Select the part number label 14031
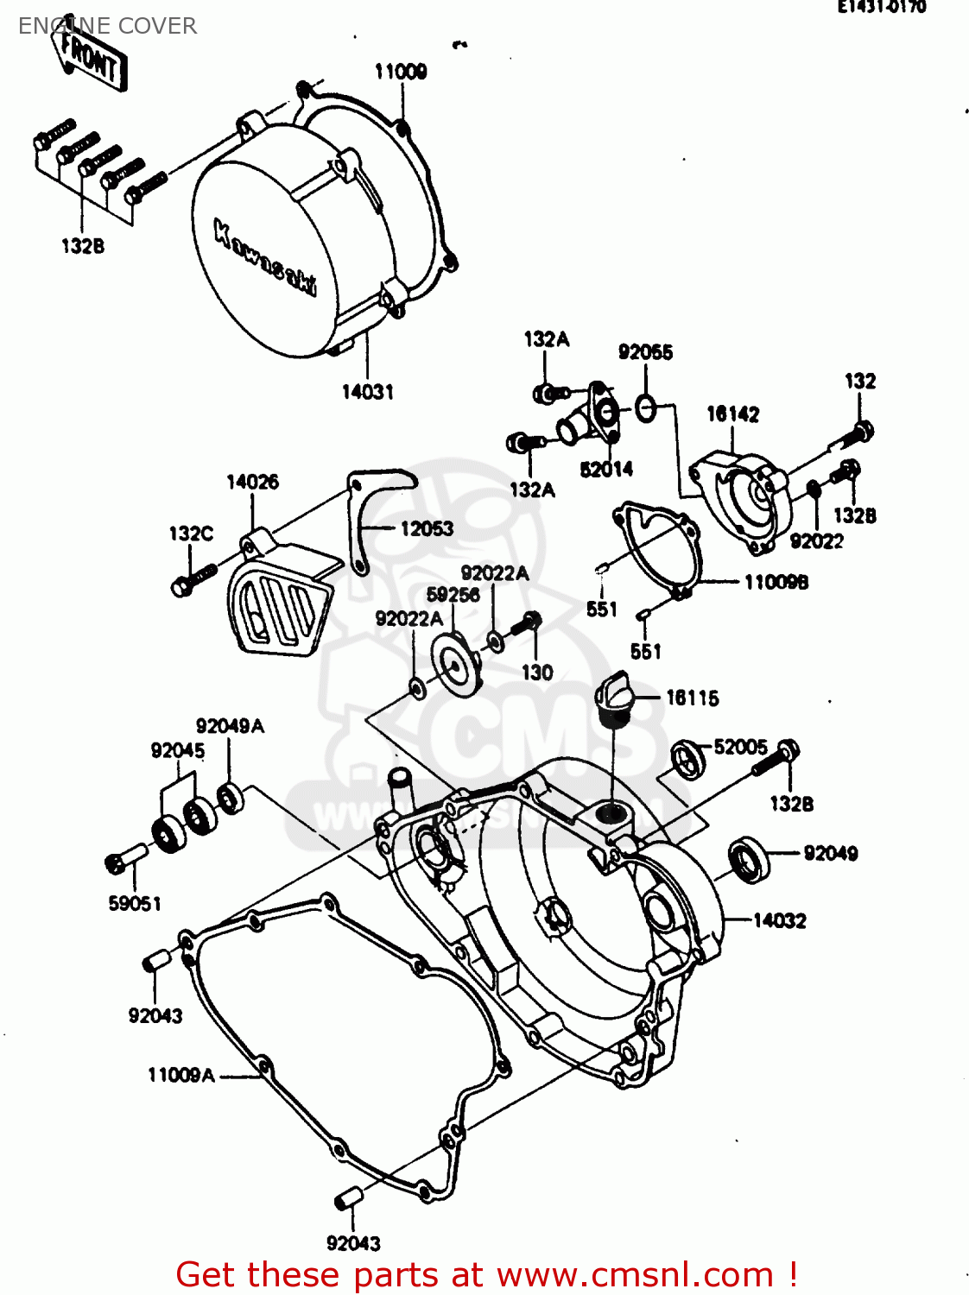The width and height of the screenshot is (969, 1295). tap(368, 392)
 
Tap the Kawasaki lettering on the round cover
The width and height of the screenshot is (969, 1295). tap(264, 258)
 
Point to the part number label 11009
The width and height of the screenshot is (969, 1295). tap(400, 72)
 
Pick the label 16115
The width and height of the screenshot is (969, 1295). tap(692, 698)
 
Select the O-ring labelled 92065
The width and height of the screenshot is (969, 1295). tap(645, 407)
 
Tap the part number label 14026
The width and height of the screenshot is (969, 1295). tap(252, 482)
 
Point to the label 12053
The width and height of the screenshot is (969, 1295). tap(427, 528)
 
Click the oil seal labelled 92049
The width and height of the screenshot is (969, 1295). tap(749, 859)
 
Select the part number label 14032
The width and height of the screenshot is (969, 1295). tap(779, 920)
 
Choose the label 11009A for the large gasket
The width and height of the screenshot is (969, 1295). tap(181, 1075)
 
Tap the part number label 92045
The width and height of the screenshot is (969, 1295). tap(178, 750)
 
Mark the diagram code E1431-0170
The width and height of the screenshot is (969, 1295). tap(881, 7)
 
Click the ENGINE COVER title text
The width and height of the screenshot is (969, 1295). tap(108, 26)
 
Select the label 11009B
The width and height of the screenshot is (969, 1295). tap(776, 583)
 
